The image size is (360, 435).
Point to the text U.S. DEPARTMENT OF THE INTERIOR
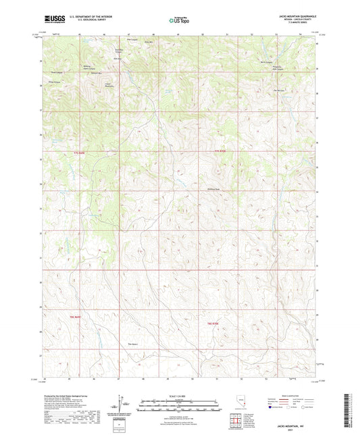tap(93, 17)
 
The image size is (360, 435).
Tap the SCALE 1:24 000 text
tap(179, 395)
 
